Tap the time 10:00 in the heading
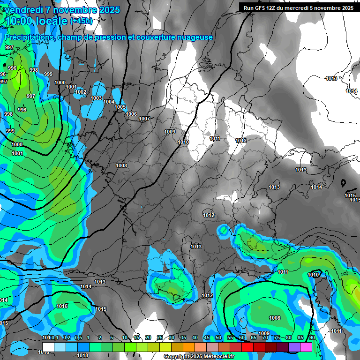coord(19,21)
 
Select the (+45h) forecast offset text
coord(81,21)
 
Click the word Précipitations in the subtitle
coord(28,37)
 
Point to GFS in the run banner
coord(262,7)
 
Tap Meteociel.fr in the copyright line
coord(217,357)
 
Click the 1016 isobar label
coord(61,306)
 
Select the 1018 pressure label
coord(82,355)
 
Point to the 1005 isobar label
coord(120,107)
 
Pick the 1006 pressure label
coord(131,114)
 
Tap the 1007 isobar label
coord(144,119)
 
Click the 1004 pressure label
coord(109,102)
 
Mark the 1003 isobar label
coord(96,98)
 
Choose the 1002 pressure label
coord(81,92)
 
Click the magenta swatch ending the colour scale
coord(306,346)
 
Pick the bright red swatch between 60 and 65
coord(247,346)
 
